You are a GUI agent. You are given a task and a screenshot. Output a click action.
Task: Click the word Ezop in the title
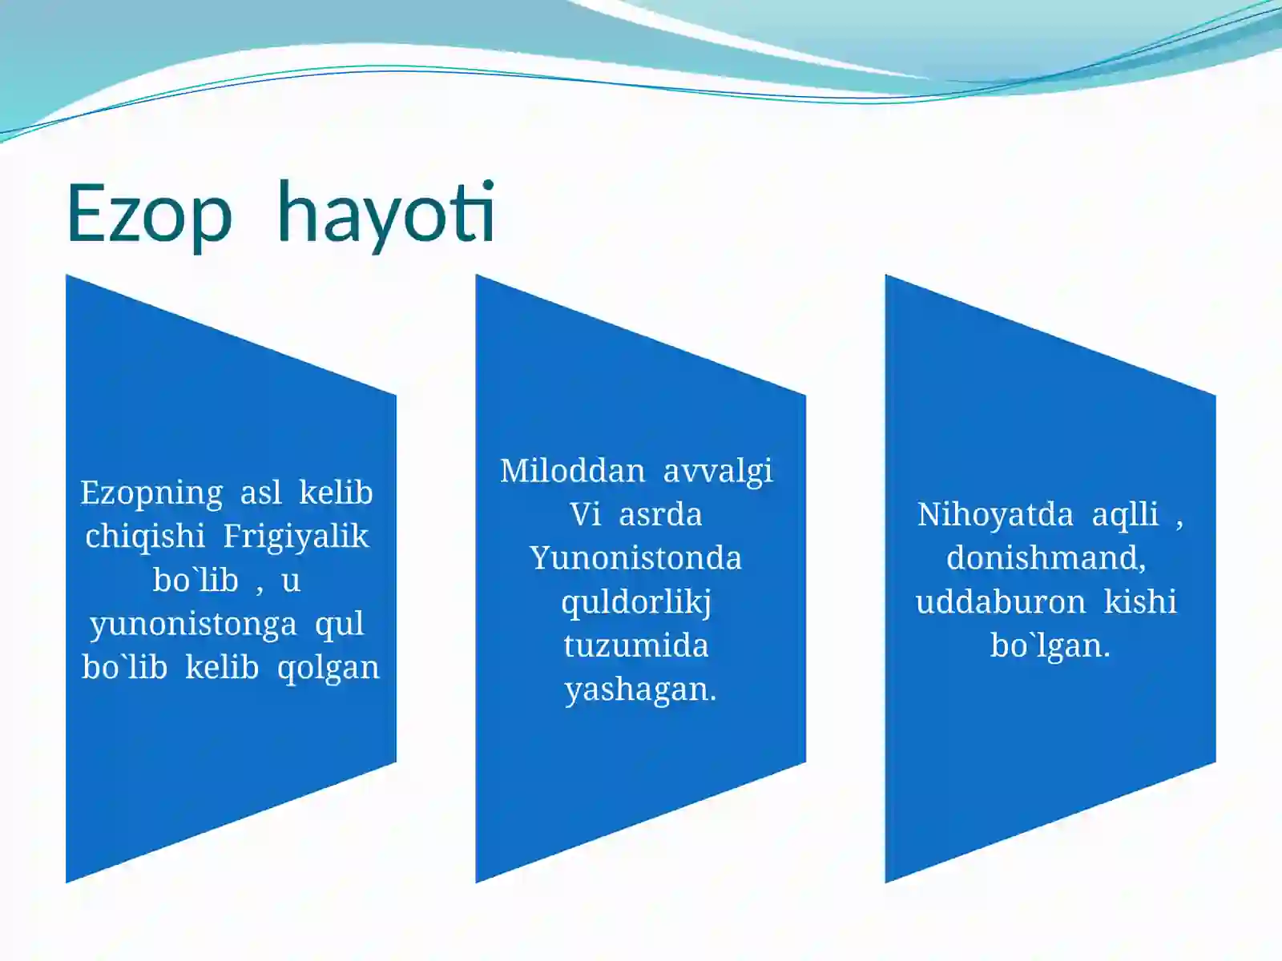pos(149,213)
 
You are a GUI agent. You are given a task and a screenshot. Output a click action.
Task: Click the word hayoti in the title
pos(386,213)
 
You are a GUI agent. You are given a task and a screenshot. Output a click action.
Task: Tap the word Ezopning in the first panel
pos(151,493)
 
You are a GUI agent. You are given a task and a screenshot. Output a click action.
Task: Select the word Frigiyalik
pos(296,537)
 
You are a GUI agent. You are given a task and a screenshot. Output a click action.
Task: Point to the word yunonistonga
pos(193,624)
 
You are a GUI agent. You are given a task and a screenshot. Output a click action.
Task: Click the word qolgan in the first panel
pos(328,668)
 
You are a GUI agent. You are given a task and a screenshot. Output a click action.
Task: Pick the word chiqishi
pos(145,537)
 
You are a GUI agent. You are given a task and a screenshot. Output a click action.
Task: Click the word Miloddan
pos(572,471)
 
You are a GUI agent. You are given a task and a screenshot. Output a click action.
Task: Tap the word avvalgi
pos(718,471)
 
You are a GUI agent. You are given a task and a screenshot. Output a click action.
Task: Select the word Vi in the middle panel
pos(585,515)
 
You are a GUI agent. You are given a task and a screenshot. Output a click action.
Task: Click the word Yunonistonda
pos(636,558)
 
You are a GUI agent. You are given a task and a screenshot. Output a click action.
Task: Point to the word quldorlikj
pos(636,602)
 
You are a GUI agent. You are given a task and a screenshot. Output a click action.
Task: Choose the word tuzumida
pos(636,645)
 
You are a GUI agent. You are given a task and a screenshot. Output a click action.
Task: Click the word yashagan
pos(639,690)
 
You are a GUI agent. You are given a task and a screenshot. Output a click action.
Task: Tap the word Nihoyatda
pos(994,515)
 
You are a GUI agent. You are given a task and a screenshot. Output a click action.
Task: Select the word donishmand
pos(1045,558)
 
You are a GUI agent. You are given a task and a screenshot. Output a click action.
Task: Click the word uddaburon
pos(1001,602)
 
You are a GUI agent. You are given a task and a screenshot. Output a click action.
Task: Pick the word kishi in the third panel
pos(1140,602)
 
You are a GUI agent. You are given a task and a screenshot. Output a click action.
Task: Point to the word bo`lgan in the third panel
pos(1048,645)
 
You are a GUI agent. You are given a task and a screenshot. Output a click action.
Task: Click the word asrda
pos(660,515)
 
